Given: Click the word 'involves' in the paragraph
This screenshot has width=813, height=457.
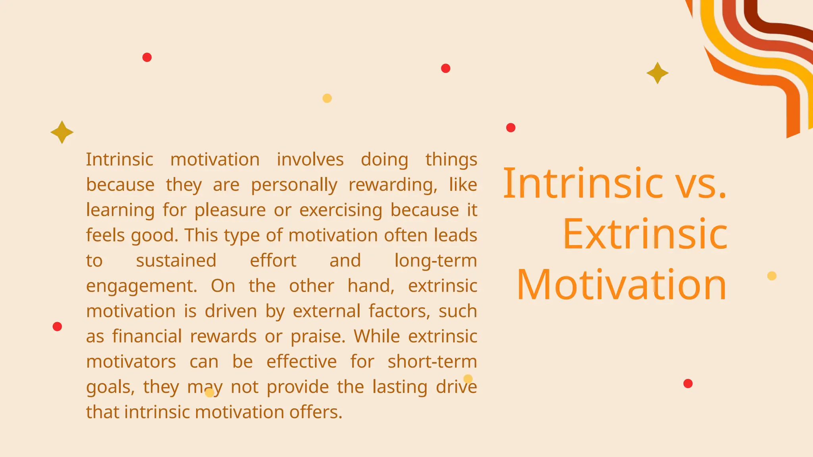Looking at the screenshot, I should pos(310,159).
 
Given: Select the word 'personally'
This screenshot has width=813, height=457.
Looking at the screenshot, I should pos(294,185).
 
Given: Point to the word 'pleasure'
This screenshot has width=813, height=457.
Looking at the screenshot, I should pos(230,210).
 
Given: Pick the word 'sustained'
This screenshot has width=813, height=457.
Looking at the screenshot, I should pos(176,261).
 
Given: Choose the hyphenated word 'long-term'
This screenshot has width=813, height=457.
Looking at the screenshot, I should pos(435,261).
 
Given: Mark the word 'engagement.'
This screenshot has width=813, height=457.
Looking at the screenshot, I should pos(142,286).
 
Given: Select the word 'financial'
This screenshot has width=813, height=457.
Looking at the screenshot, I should pos(147,336).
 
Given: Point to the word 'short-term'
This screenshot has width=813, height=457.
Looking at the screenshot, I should pos(432,361).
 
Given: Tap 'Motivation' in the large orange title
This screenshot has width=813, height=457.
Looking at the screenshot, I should pos(622,285).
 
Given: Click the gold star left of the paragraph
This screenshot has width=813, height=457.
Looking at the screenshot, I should pos(62,132).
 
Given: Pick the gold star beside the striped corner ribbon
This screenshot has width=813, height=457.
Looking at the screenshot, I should pos(657,73).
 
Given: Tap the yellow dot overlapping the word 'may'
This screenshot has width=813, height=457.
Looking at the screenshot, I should pos(210,392).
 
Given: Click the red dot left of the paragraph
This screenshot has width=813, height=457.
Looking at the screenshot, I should pos(57,326).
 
